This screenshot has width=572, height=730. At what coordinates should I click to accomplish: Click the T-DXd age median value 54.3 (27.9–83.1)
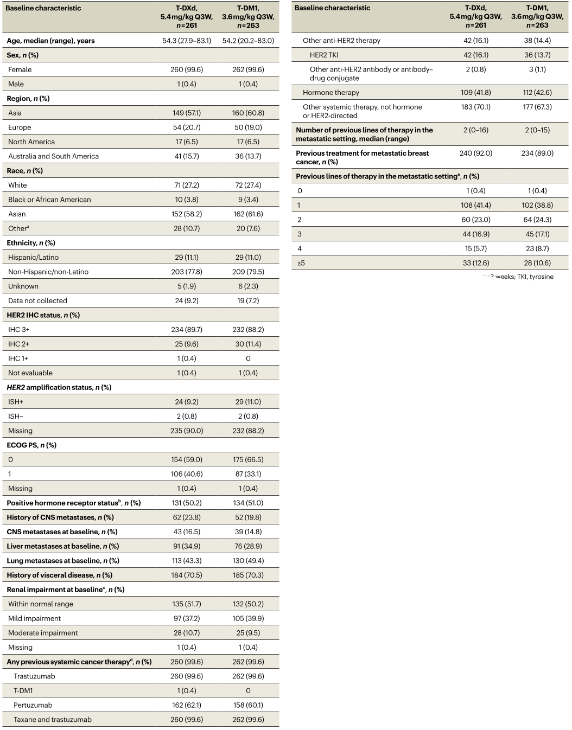click(187, 41)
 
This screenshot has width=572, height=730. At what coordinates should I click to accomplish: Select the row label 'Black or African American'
click(49, 200)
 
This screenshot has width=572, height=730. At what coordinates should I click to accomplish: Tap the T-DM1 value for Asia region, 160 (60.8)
click(248, 113)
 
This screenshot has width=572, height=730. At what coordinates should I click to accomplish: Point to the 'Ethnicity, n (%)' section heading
click(31, 243)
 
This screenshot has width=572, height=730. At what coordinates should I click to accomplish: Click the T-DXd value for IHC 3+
click(187, 330)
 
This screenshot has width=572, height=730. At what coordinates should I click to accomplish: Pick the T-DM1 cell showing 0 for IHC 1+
click(248, 358)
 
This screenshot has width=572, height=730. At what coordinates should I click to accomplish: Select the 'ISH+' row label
click(15, 402)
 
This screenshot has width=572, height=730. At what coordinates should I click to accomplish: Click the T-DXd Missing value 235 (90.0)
click(187, 431)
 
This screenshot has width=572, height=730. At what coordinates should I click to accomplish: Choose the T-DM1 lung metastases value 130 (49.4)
click(248, 561)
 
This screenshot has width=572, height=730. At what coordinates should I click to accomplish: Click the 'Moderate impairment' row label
click(43, 633)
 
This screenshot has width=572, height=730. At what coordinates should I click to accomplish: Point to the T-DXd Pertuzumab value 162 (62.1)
click(187, 705)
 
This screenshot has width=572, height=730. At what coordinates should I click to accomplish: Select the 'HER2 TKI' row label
click(324, 55)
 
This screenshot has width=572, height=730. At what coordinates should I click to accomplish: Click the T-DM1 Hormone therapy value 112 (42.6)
click(537, 92)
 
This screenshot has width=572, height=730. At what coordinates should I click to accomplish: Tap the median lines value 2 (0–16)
click(476, 130)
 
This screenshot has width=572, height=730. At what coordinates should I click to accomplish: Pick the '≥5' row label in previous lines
click(301, 263)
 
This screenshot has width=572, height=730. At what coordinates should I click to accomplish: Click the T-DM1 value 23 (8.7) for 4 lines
click(537, 248)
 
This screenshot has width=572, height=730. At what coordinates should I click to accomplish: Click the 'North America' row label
click(31, 142)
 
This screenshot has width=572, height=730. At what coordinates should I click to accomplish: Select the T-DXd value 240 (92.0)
click(476, 153)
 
